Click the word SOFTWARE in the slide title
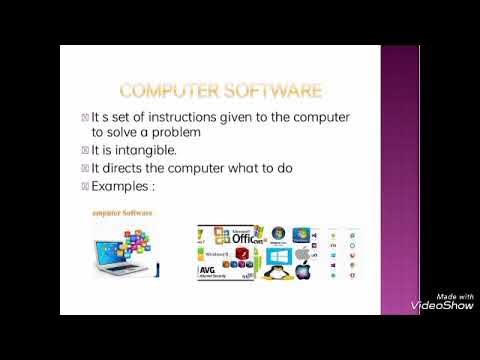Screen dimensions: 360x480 (273, 91)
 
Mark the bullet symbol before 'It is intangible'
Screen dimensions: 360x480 (113, 151)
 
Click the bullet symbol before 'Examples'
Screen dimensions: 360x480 (113, 186)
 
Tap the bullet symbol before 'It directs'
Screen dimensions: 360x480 (113, 168)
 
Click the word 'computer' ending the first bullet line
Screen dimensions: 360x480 (322, 118)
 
